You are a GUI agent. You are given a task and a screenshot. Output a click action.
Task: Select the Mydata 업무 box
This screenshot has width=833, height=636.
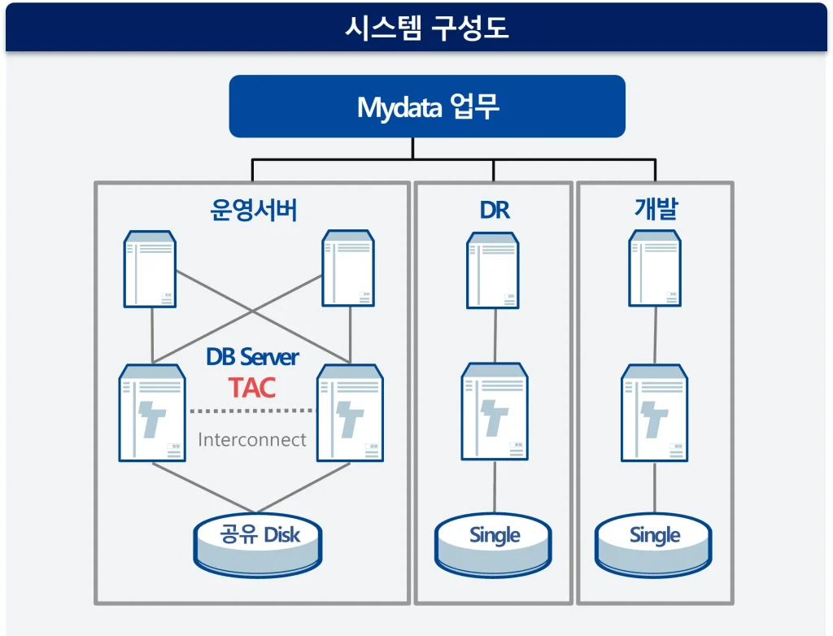(426, 107)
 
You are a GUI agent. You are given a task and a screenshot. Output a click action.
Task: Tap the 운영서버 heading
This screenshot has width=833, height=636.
(253, 210)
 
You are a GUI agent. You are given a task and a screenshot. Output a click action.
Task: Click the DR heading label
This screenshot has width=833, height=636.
(494, 210)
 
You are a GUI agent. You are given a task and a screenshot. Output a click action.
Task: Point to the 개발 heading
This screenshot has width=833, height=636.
(655, 210)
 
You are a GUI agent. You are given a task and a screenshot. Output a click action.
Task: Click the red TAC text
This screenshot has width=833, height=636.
(252, 387)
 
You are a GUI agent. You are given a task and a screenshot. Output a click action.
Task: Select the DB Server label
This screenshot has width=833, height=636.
(252, 357)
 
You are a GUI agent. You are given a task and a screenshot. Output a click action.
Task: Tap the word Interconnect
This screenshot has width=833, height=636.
(252, 440)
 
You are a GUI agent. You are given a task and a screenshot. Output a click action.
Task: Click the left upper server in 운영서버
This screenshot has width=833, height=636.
(150, 268)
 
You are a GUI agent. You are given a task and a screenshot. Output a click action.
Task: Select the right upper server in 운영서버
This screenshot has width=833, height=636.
(348, 268)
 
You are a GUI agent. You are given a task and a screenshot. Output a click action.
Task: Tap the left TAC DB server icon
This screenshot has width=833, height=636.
(152, 412)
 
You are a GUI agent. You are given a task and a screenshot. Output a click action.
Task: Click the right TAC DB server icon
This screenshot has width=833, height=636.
(350, 412)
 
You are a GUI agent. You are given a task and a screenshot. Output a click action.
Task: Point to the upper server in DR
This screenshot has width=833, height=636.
(493, 270)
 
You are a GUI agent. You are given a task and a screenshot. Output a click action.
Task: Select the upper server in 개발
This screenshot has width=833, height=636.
(655, 268)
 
